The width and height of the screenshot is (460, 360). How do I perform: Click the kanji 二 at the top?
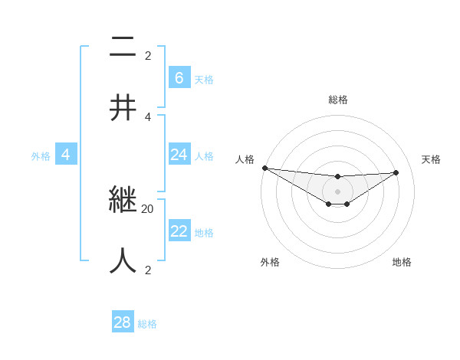(123, 47)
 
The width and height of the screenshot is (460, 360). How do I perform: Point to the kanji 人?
(123, 260)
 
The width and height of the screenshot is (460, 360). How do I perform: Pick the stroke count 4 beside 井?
(148, 116)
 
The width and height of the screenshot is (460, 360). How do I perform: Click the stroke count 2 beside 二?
(148, 55)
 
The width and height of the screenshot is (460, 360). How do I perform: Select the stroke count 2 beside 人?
(148, 270)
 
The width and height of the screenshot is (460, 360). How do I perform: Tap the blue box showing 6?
(179, 77)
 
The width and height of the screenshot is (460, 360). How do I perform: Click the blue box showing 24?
(179, 155)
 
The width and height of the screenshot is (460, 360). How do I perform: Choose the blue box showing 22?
(179, 231)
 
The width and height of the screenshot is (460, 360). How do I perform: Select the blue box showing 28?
(123, 322)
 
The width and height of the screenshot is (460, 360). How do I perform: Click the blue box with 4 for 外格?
(65, 155)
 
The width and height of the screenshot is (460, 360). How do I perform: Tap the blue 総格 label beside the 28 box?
(147, 324)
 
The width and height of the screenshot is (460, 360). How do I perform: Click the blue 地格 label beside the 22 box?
(204, 233)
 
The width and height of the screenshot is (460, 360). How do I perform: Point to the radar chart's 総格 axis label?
(337, 100)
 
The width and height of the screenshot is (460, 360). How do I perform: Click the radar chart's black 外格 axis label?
(270, 262)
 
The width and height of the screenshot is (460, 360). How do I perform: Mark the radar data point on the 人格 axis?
(264, 168)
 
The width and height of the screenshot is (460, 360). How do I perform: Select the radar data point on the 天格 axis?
(396, 172)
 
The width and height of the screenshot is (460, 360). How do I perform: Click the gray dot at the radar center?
(337, 191)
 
